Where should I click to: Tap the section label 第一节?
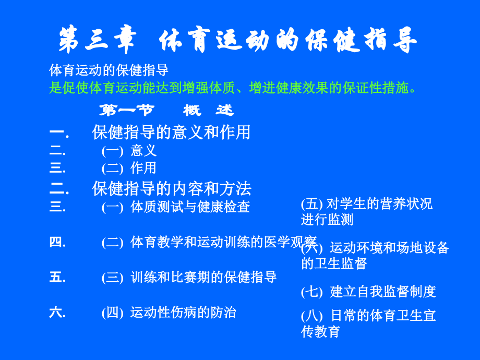(x=126, y=111)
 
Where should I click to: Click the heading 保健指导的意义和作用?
(x=171, y=133)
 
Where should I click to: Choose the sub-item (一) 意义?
(x=129, y=151)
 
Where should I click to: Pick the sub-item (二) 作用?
(x=129, y=168)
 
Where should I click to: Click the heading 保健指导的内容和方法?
(x=171, y=188)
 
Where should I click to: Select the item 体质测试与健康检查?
(x=190, y=207)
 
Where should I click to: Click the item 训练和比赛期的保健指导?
(x=203, y=277)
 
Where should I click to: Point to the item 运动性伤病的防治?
(x=183, y=313)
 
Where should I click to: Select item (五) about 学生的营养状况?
(x=367, y=211)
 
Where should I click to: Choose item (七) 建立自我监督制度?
(x=368, y=292)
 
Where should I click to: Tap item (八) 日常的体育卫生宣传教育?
(x=368, y=323)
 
